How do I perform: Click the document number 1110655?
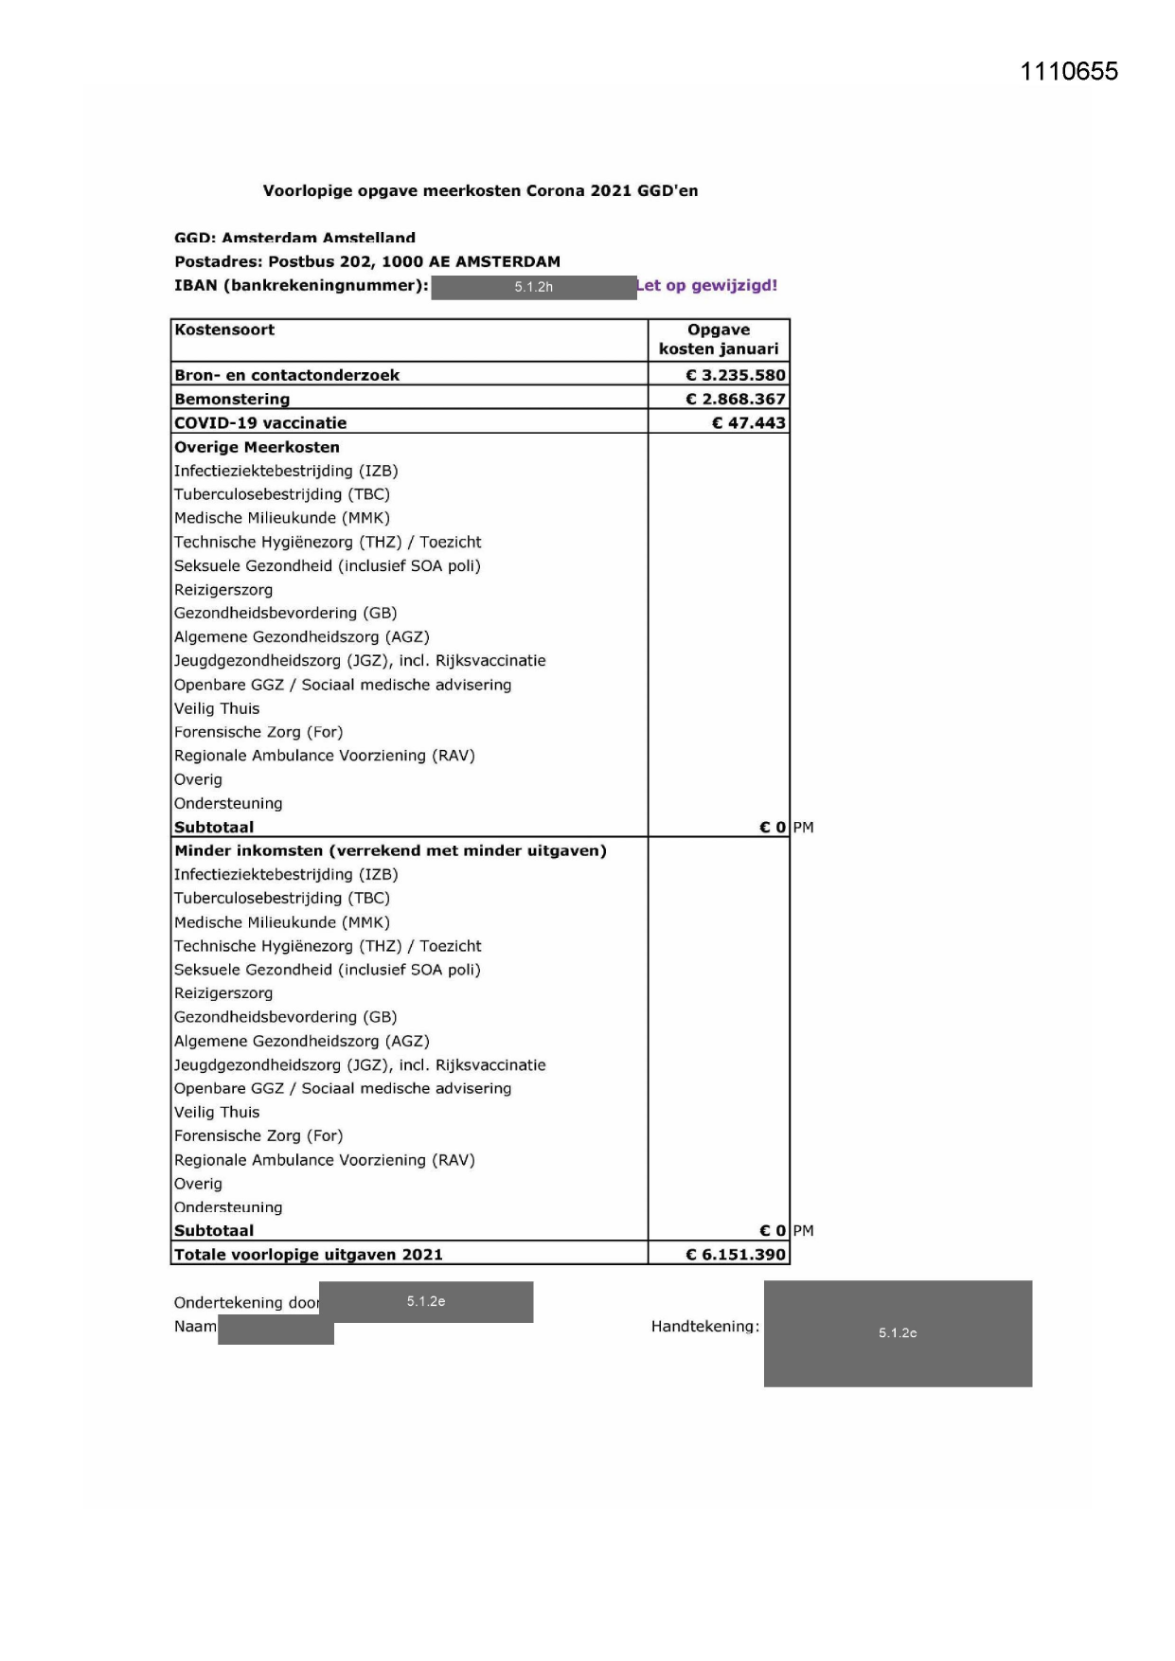pyautogui.click(x=1069, y=72)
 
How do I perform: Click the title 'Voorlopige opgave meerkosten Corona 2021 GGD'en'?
pyautogui.click(x=480, y=190)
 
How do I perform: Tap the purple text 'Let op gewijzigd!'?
pyautogui.click(x=707, y=285)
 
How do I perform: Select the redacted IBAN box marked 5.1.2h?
pyautogui.click(x=533, y=287)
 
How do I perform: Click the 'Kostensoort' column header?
pyautogui.click(x=224, y=330)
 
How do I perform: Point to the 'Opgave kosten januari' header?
pyautogui.click(x=719, y=339)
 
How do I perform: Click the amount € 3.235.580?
pyautogui.click(x=736, y=375)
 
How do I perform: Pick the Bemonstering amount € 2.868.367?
pyautogui.click(x=736, y=399)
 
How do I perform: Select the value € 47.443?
pyautogui.click(x=749, y=422)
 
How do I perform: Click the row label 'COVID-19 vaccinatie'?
pyautogui.click(x=260, y=422)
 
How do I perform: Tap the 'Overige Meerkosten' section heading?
pyautogui.click(x=257, y=447)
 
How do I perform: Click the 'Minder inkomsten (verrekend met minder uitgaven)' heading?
pyautogui.click(x=390, y=850)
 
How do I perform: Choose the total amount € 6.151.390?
pyautogui.click(x=736, y=1255)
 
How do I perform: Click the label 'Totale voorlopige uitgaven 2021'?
pyautogui.click(x=309, y=1255)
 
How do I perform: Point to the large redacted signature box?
pyautogui.click(x=898, y=1333)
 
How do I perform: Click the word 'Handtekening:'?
pyautogui.click(x=704, y=1327)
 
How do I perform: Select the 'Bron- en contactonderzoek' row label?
pyautogui.click(x=287, y=375)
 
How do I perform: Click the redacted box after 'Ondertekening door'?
pyautogui.click(x=426, y=1301)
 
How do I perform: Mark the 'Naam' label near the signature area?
pyautogui.click(x=195, y=1327)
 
